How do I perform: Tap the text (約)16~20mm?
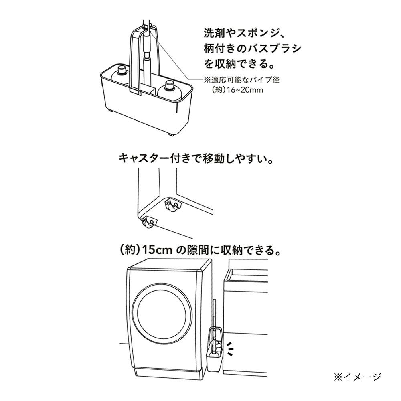click(x=237, y=90)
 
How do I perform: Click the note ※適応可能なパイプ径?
click(x=241, y=80)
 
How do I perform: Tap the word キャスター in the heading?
click(x=144, y=158)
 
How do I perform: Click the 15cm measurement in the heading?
click(x=157, y=250)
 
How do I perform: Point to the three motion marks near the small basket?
click(x=231, y=348)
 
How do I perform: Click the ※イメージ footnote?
click(x=357, y=377)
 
